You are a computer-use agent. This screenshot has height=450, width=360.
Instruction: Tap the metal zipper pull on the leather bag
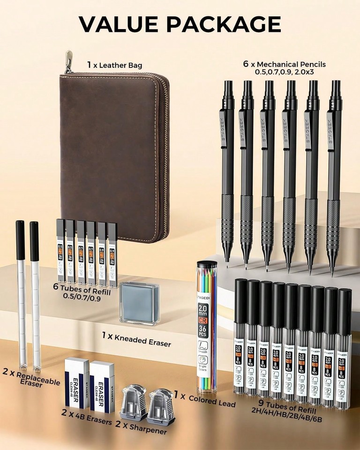click(x=68, y=61)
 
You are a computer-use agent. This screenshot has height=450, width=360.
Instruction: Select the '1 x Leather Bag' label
click(x=114, y=65)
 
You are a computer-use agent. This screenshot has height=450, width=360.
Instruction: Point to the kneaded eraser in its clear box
click(x=139, y=302)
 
